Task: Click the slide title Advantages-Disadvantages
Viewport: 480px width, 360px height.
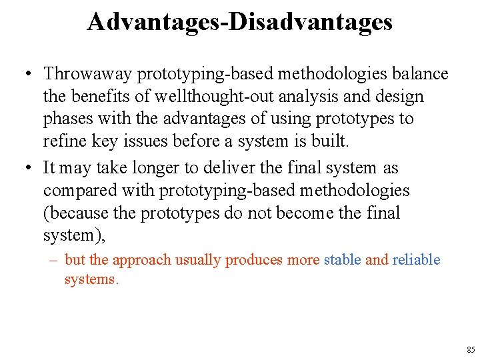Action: pyautogui.click(x=239, y=22)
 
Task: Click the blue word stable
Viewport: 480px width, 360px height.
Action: pyautogui.click(x=343, y=260)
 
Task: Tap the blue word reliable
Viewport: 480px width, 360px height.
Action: pyautogui.click(x=416, y=260)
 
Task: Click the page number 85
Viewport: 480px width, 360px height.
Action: pyautogui.click(x=471, y=349)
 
